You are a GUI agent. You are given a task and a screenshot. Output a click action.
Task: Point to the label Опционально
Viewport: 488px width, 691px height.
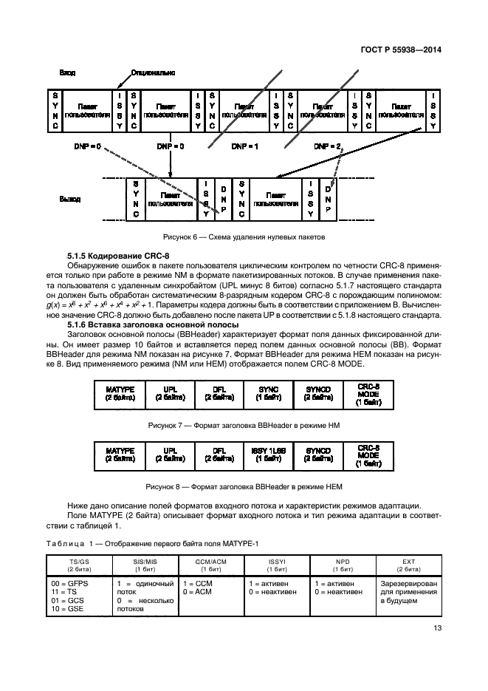pyautogui.click(x=152, y=73)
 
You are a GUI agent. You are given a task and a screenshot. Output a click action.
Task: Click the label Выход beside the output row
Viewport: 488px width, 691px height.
pyautogui.click(x=69, y=200)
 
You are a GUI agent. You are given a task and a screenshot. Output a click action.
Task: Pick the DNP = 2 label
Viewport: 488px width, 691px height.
pyautogui.click(x=327, y=146)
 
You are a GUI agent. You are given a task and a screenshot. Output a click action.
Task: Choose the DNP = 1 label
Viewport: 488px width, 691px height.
pyautogui.click(x=244, y=146)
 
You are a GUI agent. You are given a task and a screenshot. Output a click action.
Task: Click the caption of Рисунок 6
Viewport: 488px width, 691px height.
pyautogui.click(x=244, y=237)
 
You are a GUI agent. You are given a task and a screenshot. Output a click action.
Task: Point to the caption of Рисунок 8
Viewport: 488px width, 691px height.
pyautogui.click(x=244, y=486)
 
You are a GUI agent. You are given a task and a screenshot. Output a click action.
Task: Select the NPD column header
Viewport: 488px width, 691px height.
pyautogui.click(x=343, y=564)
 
